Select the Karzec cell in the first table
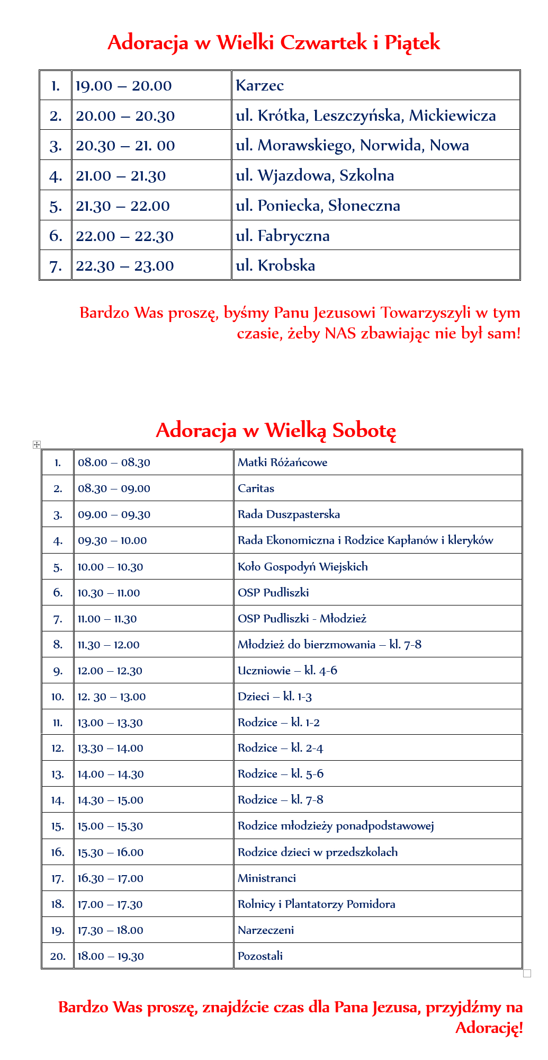[260, 85]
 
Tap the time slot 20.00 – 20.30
[125, 116]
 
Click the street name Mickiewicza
[452, 115]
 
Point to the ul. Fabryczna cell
[283, 236]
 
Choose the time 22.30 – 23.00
[124, 266]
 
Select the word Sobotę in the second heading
[364, 430]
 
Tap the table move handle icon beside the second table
[37, 444]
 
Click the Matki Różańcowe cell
[282, 462]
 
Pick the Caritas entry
[256, 488]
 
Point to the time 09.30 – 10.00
[112, 541]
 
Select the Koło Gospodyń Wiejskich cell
[302, 567]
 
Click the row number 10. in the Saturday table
[58, 697]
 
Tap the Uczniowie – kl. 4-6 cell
[287, 671]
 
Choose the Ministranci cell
[266, 878]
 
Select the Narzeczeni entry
[265, 930]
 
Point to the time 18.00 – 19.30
[111, 956]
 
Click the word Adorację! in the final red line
[489, 1028]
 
